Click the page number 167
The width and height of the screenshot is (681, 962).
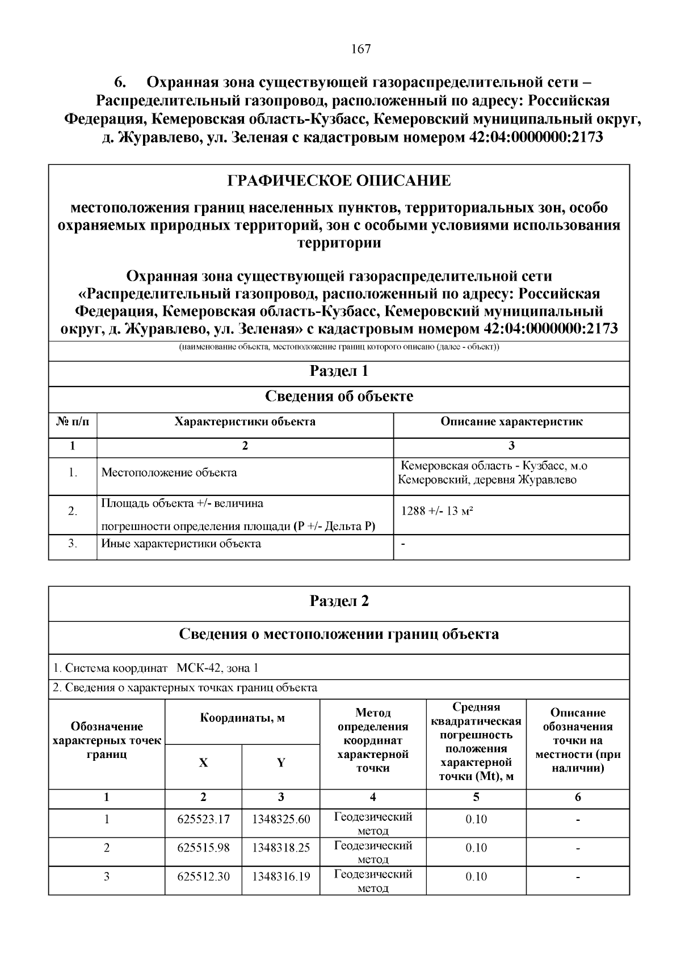[361, 49]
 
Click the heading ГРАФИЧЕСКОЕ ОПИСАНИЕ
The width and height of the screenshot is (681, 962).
[339, 181]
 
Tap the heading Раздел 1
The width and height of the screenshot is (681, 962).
[339, 371]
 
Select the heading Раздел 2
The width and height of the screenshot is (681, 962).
[339, 601]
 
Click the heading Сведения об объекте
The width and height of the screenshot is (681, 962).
[339, 396]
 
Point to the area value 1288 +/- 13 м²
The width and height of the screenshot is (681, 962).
[437, 511]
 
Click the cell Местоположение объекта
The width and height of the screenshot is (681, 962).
[169, 473]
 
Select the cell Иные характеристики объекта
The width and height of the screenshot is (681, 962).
[181, 544]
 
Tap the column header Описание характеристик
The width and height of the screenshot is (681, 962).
[511, 422]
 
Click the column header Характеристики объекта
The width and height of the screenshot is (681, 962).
[245, 422]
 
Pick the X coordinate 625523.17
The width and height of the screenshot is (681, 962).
[203, 820]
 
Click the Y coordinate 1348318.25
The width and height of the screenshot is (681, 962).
[281, 848]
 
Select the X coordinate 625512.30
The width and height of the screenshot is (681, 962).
[203, 876]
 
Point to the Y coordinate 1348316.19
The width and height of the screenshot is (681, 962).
[281, 876]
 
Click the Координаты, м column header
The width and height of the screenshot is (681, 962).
[242, 719]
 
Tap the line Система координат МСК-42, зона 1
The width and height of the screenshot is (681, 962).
[155, 668]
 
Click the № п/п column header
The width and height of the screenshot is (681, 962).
[73, 422]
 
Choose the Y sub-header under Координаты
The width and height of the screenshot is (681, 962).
[281, 763]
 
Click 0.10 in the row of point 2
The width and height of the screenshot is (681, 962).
[476, 848]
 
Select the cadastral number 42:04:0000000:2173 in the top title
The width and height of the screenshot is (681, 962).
[536, 137]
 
